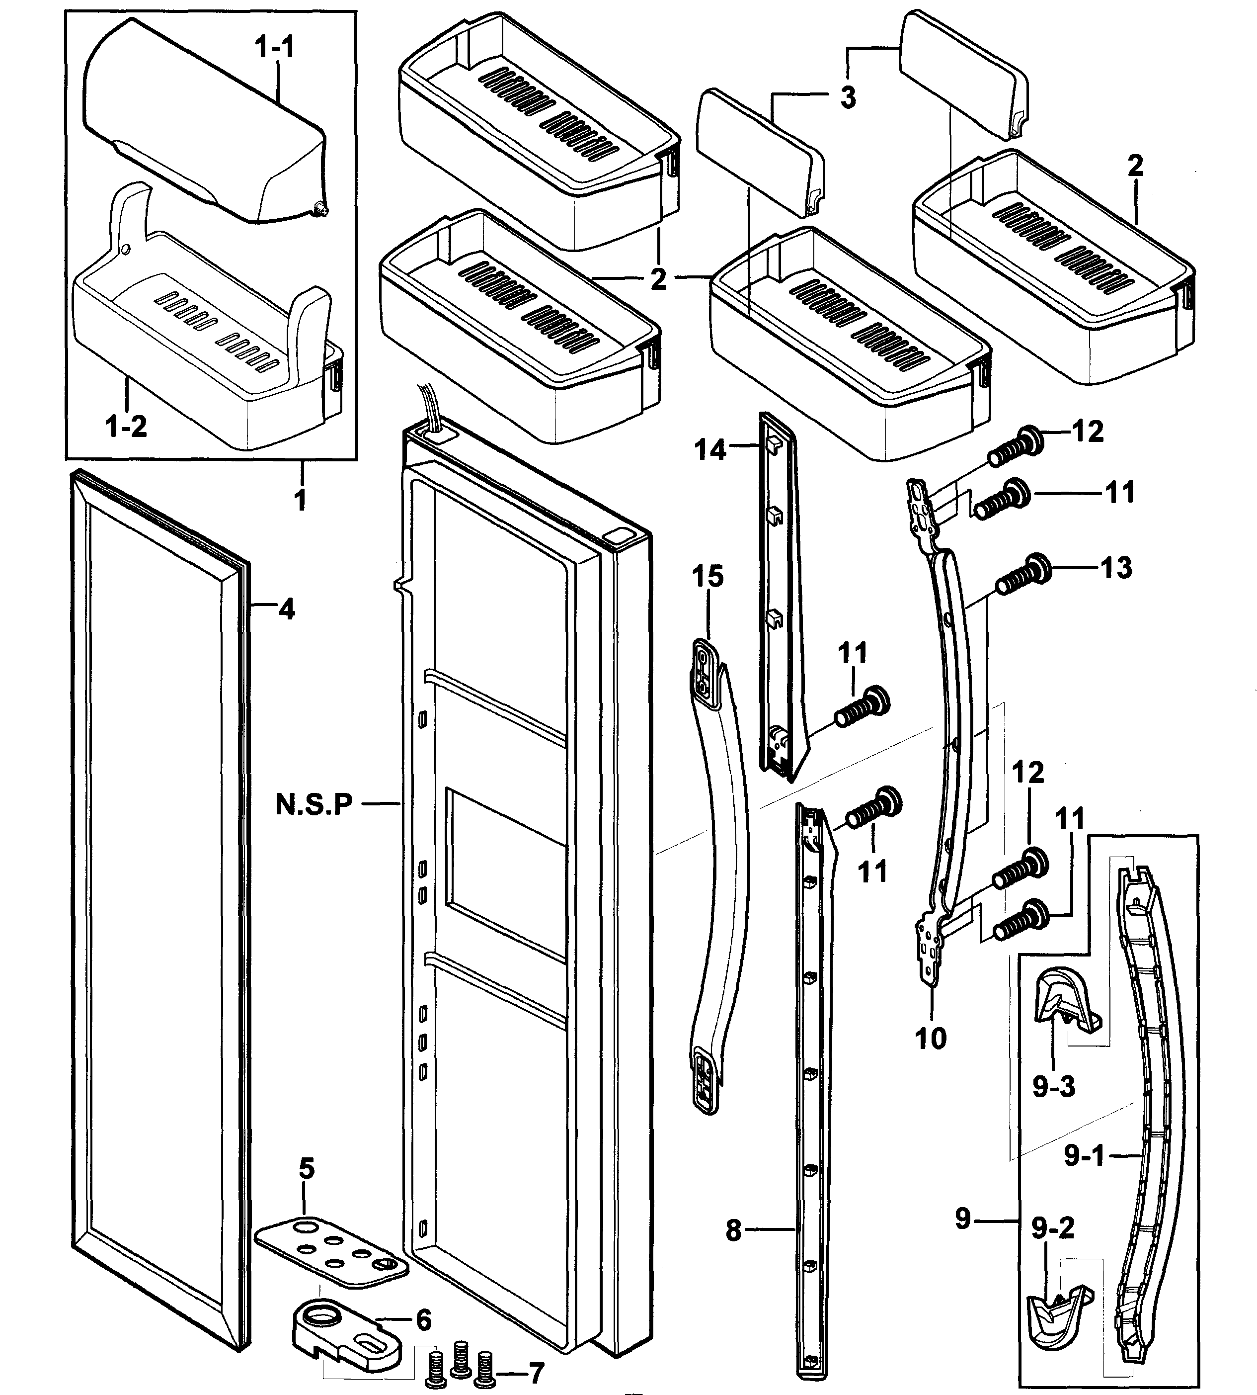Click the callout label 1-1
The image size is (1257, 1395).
pos(274,48)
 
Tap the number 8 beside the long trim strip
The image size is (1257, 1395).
pos(733,1230)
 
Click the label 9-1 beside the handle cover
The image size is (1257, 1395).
pos(1084,1154)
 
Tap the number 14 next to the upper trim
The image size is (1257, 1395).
pos(710,450)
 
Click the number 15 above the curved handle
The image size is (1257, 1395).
pos(708,576)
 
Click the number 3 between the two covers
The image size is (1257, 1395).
pos(848,97)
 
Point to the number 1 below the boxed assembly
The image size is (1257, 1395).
pos(301,500)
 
